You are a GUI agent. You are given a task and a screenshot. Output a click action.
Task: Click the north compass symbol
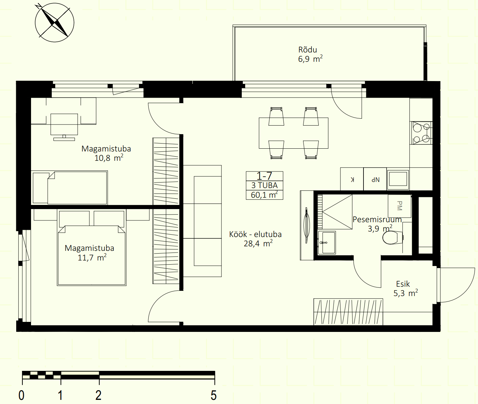54,22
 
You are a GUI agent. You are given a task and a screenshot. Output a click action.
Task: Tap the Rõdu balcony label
307,50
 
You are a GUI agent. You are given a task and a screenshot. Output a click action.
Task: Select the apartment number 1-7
264,176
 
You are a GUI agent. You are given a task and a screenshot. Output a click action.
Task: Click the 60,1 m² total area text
264,195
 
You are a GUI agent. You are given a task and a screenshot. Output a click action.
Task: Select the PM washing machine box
399,206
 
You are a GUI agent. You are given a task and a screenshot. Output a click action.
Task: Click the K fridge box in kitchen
352,179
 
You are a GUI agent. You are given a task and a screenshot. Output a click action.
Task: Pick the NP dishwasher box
375,179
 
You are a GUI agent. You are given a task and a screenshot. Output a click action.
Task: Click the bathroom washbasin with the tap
327,243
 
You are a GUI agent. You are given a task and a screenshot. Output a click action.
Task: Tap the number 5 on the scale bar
213,395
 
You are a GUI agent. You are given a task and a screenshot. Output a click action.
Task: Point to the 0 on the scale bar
21,395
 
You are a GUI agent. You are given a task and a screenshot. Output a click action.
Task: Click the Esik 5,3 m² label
406,288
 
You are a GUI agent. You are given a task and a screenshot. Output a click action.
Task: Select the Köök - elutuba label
255,234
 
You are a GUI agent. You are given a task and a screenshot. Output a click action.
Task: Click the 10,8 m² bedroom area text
109,158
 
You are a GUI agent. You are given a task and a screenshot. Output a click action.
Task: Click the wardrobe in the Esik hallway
348,312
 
